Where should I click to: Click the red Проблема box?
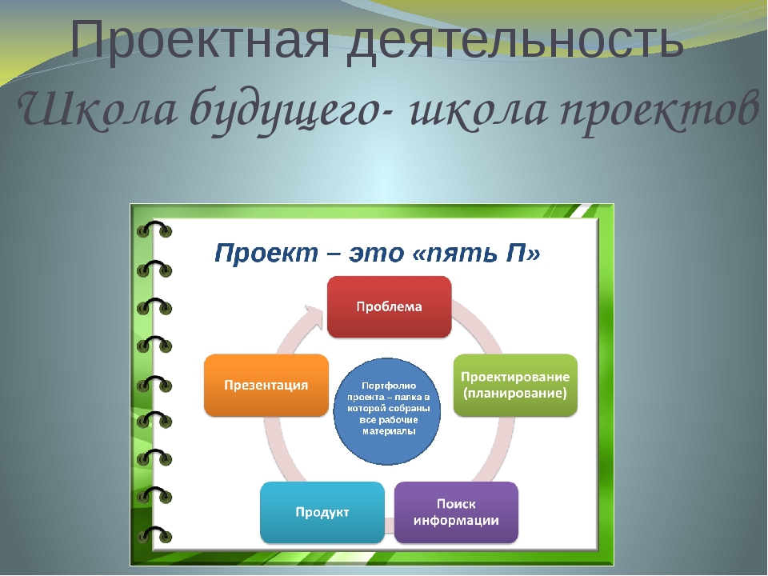point(390,307)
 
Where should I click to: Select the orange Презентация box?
point(266,386)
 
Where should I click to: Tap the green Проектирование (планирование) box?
point(515,386)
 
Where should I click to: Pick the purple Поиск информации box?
point(457,512)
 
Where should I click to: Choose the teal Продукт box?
point(322,512)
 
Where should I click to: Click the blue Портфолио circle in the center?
point(387,411)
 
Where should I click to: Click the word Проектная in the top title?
point(200,40)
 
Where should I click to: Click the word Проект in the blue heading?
point(266,254)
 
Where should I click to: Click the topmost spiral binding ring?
point(154,230)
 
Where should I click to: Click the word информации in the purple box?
point(457,520)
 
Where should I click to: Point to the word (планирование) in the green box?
point(515,394)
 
